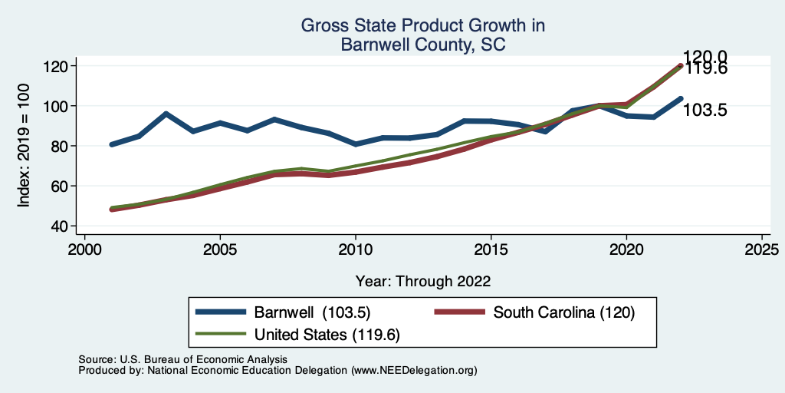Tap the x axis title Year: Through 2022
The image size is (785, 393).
click(x=423, y=280)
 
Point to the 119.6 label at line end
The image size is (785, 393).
click(x=706, y=69)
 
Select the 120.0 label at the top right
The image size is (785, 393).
click(x=706, y=56)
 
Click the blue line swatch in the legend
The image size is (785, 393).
click(x=222, y=312)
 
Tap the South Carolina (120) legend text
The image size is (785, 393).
click(x=564, y=312)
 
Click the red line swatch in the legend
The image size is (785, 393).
click(x=460, y=312)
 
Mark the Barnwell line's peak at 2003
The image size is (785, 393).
click(x=166, y=114)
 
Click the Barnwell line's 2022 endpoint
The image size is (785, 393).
click(x=680, y=98)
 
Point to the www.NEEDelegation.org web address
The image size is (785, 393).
click(x=414, y=370)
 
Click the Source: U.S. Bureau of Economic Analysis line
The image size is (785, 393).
click(x=182, y=359)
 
